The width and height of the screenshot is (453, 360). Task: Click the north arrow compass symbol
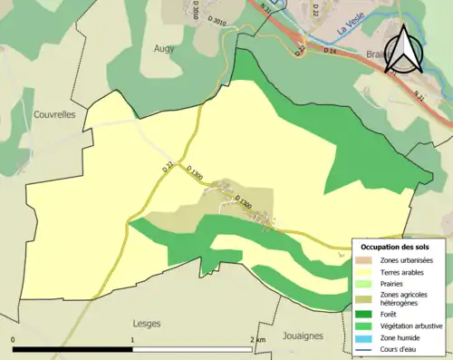[403, 49]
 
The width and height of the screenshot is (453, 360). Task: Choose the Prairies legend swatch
[367, 284]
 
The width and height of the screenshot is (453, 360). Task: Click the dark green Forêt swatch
[367, 315]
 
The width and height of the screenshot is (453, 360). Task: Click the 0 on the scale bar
[13, 340]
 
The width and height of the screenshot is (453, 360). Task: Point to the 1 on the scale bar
[133, 340]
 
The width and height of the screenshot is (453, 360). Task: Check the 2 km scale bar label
[257, 340]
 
